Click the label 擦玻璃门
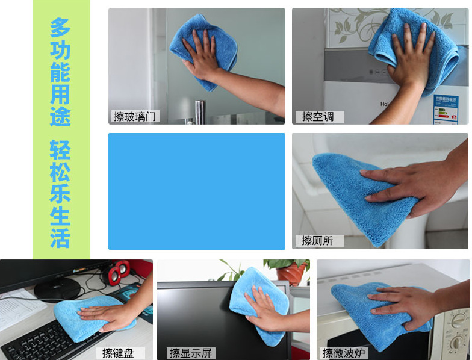click(135, 117)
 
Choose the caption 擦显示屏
click(191, 353)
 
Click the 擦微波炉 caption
click(344, 353)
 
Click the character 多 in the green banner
click(60, 27)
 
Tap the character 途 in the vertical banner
click(60, 116)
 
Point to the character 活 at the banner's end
click(60, 238)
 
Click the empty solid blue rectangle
click(196, 191)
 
